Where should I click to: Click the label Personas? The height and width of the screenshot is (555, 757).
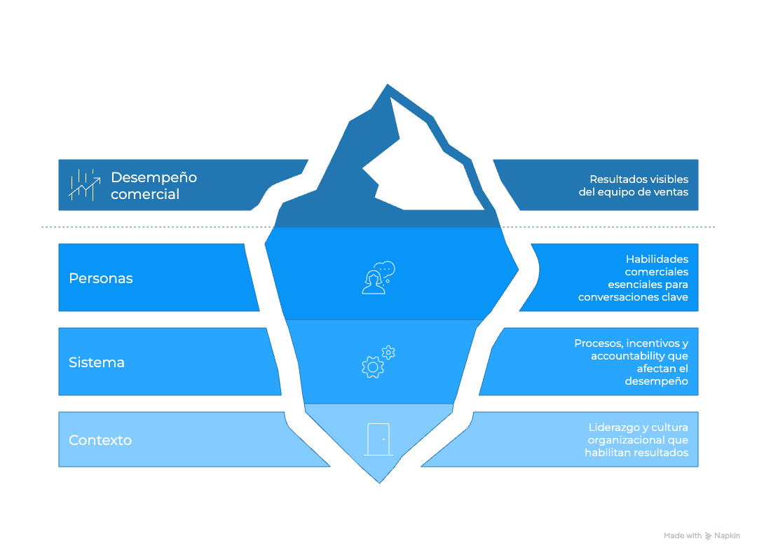(x=100, y=278)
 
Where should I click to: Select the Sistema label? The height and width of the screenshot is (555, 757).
(x=97, y=362)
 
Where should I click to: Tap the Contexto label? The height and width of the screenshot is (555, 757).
(x=100, y=440)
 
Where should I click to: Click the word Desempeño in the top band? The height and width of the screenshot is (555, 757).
(x=154, y=177)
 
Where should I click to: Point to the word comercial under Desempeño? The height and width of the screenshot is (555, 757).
(x=145, y=194)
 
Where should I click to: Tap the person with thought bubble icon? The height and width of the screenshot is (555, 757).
(x=377, y=278)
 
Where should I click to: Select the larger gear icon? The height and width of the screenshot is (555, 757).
(x=372, y=366)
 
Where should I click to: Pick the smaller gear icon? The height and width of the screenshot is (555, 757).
(x=388, y=352)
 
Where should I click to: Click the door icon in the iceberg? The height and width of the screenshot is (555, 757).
(x=378, y=439)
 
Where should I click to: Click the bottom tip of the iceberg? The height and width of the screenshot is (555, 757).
(x=380, y=481)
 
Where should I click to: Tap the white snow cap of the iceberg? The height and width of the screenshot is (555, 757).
(x=421, y=168)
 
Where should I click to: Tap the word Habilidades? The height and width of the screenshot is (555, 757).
(x=657, y=259)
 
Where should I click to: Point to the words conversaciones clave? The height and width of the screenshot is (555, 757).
(x=633, y=297)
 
